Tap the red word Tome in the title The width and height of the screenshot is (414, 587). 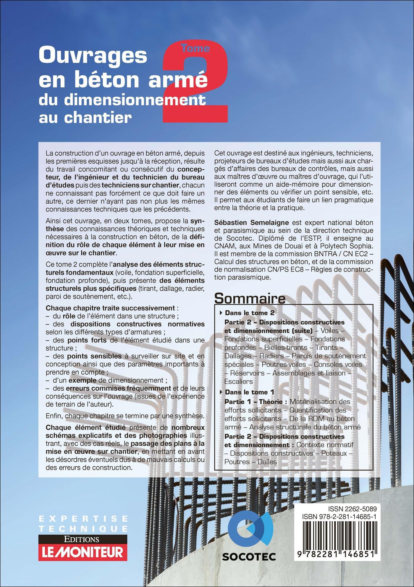195,48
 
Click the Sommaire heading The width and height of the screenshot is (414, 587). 250,299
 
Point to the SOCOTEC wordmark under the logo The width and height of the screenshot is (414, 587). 249,557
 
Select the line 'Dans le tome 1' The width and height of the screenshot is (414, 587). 250,392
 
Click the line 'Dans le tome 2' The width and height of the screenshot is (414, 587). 250,313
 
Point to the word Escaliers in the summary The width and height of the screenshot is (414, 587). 238,381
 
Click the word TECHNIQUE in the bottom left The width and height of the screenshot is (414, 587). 83,528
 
